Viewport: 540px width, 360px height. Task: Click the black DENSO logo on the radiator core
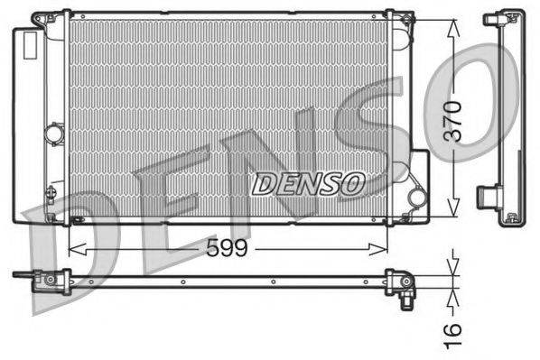307,184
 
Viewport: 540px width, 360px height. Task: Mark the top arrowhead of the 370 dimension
452,21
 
